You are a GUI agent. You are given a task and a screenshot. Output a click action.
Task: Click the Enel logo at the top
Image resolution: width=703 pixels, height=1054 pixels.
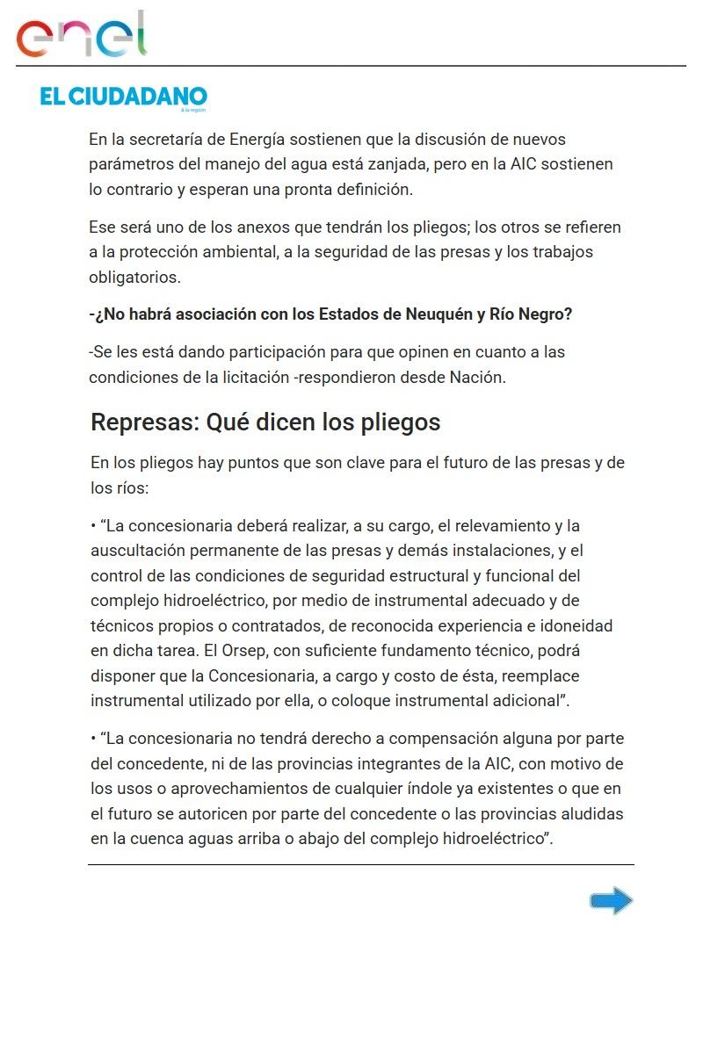81,35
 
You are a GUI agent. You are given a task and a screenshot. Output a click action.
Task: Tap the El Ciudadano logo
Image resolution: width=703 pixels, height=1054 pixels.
123,97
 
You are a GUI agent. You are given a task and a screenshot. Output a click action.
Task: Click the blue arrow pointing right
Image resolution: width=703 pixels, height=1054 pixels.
611,900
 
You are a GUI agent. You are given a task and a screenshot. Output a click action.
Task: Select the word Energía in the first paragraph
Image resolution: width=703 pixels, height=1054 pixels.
258,140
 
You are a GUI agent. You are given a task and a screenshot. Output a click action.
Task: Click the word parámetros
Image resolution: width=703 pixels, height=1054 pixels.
129,164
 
